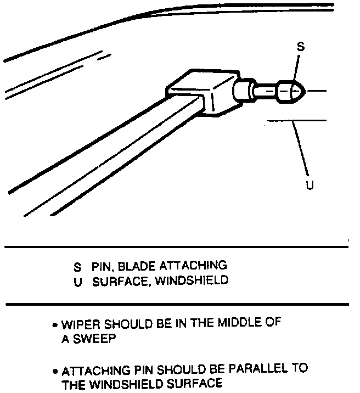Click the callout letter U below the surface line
[310, 186]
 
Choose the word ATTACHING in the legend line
[193, 266]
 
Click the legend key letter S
[77, 267]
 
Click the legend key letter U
[77, 281]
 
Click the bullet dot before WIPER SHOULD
[55, 325]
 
